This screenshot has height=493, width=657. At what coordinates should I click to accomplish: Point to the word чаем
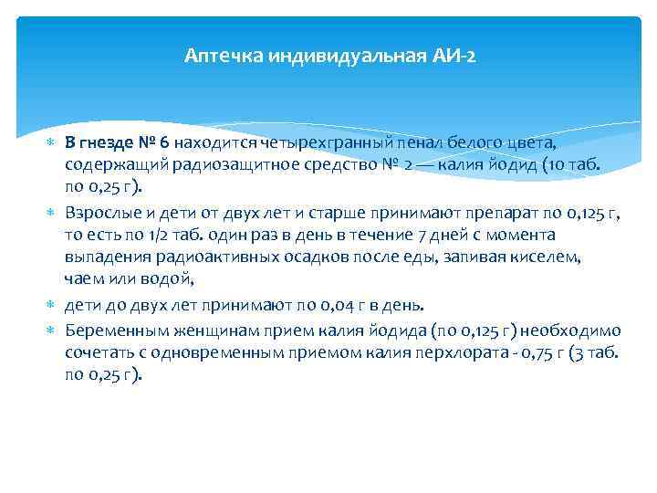[83, 280]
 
